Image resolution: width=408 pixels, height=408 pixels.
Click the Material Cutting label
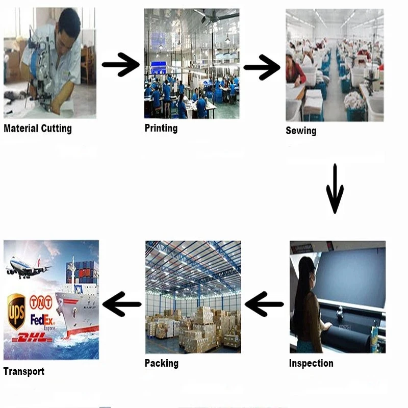pos(38,128)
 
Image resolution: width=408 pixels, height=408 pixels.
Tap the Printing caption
pos(161,128)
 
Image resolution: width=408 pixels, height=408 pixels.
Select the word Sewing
pos(301,131)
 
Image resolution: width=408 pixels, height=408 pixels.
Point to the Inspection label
pos(311,363)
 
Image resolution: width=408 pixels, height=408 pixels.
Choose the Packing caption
pos(162,363)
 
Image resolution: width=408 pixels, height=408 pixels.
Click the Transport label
pos(24,371)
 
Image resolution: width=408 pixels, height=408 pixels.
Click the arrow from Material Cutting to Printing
pos(121,64)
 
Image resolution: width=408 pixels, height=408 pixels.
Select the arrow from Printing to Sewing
pos(262,67)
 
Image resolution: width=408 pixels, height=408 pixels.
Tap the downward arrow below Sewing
pos(335,189)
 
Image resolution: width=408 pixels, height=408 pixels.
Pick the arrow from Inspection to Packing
pos(264,304)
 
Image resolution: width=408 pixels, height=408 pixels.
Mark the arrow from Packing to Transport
pos(122,304)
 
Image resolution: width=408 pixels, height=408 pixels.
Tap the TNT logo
pos(41,303)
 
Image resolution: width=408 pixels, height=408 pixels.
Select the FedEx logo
pos(43,320)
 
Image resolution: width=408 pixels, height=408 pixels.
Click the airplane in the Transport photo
pos(28,268)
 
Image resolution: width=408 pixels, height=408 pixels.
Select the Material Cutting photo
pos(49,63)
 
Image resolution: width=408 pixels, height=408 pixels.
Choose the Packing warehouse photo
pos(193,297)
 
